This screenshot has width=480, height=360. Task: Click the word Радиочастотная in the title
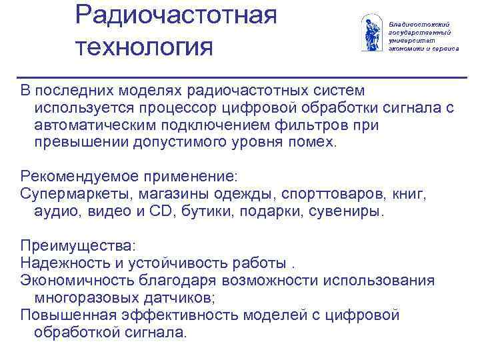(175, 15)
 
